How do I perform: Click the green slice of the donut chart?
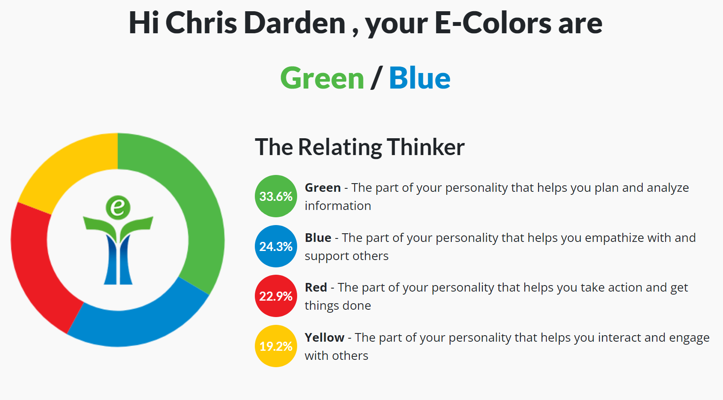click(200, 206)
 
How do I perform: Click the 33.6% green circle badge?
click(276, 196)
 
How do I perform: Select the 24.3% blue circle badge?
click(276, 246)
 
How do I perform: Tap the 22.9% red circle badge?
click(276, 296)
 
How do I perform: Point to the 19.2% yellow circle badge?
click(276, 346)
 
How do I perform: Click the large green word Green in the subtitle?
click(322, 78)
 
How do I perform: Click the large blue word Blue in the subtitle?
click(420, 78)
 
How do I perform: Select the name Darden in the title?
click(295, 23)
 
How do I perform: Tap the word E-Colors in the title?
click(493, 23)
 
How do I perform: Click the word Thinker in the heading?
click(426, 147)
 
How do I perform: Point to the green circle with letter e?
click(118, 208)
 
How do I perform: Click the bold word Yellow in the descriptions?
click(324, 338)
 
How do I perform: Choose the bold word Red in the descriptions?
click(316, 287)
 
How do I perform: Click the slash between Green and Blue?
click(377, 77)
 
